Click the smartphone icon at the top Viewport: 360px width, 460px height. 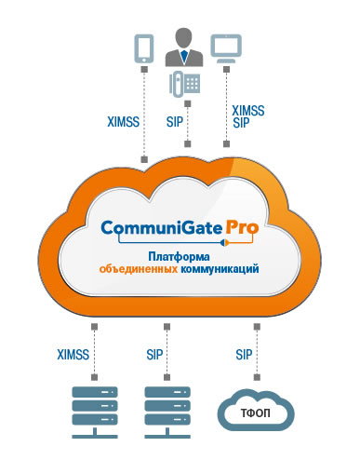point(142,47)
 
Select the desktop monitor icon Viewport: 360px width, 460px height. point(226,47)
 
